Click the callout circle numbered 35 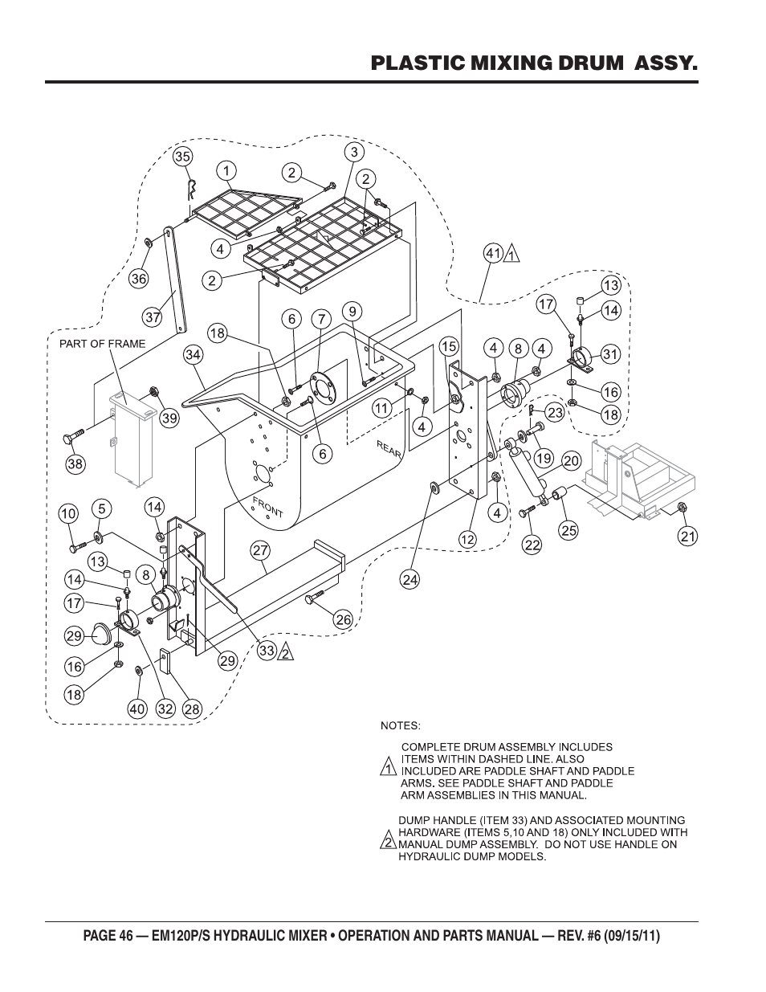tap(182, 156)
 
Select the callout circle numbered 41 tap(492, 254)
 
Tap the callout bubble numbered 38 tap(75, 463)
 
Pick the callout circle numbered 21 tap(688, 537)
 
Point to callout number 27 tap(259, 551)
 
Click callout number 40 tap(139, 708)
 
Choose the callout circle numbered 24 tap(410, 579)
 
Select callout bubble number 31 tap(611, 354)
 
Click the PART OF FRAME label tap(103, 344)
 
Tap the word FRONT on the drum tap(267, 508)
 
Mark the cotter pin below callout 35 tap(191, 190)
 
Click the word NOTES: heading tap(400, 725)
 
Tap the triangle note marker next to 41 tap(511, 255)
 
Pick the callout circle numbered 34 tap(193, 354)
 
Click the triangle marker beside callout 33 tap(285, 653)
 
